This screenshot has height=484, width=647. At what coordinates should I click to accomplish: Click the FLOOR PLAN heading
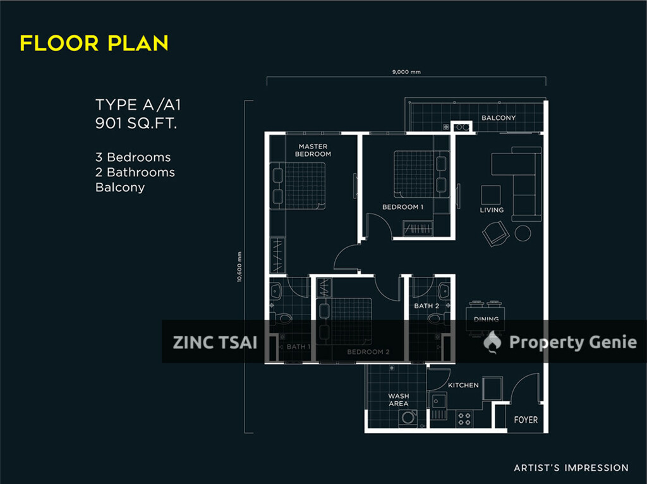(x=94, y=43)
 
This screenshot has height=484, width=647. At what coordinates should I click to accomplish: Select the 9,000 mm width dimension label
(x=406, y=72)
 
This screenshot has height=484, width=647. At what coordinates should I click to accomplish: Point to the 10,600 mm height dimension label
(x=240, y=267)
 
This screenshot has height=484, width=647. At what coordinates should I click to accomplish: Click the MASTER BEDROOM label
(x=313, y=150)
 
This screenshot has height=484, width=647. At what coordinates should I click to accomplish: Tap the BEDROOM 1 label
(x=402, y=207)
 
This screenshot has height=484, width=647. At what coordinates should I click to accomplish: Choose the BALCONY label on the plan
(x=499, y=118)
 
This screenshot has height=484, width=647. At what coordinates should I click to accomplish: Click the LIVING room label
(x=492, y=210)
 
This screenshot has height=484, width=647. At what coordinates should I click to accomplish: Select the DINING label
(x=486, y=320)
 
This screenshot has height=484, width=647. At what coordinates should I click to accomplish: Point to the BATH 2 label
(x=426, y=306)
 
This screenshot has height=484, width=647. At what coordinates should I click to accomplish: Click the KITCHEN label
(x=463, y=385)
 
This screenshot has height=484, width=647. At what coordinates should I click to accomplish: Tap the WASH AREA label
(x=398, y=400)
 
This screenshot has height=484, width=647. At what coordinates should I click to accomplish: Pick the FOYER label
(x=526, y=420)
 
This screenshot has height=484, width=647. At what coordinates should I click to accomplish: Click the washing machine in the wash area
(x=409, y=418)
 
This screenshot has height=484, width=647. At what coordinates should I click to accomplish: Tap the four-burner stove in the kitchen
(x=464, y=418)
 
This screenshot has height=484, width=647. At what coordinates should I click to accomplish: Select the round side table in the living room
(x=523, y=233)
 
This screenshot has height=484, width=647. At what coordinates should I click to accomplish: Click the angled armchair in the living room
(x=495, y=234)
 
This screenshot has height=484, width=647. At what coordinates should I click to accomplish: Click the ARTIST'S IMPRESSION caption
(x=571, y=468)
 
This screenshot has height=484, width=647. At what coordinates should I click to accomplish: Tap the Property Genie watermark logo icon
(x=493, y=342)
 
